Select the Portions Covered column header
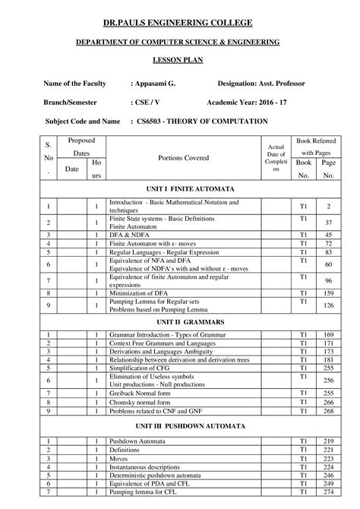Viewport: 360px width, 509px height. click(x=183, y=157)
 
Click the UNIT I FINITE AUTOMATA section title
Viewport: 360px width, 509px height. click(x=180, y=188)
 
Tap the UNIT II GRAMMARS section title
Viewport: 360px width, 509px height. click(x=180, y=322)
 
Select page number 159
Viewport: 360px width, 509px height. click(x=328, y=292)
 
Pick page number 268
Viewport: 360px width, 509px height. click(x=328, y=411)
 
